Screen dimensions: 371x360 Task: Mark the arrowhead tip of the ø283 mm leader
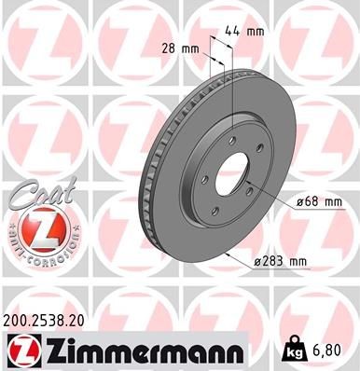coord(227,254)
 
